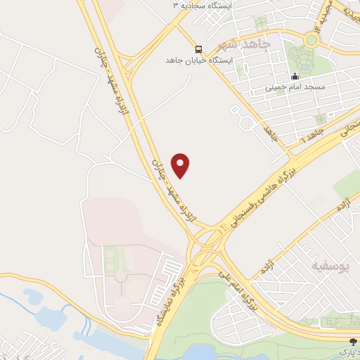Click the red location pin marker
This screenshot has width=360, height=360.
tap(181, 165)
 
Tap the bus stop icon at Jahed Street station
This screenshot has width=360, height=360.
tap(198, 49)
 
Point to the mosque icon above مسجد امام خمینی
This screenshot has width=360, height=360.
tap(295, 76)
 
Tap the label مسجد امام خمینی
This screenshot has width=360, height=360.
tap(294, 88)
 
